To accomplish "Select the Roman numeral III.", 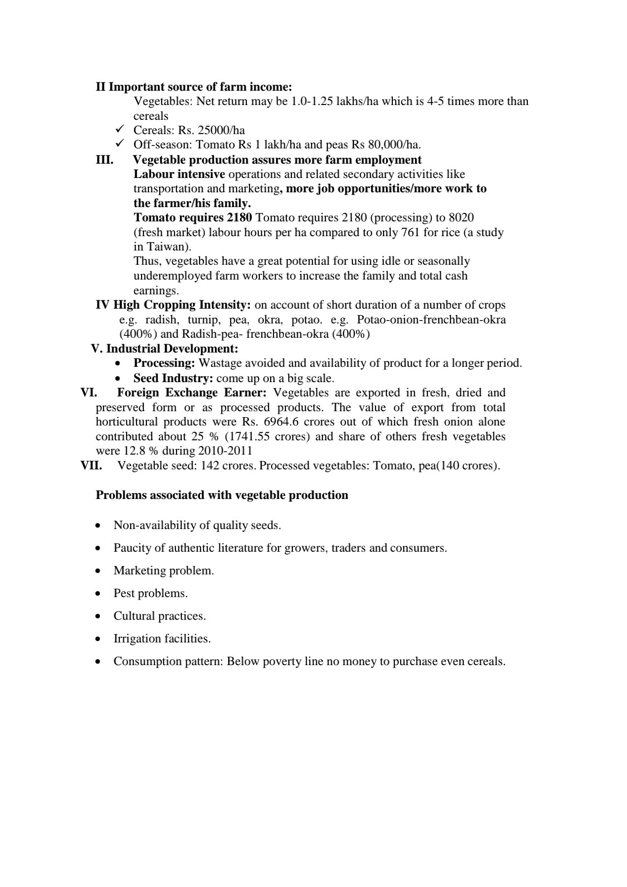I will [104, 160].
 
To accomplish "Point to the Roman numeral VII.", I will [91, 465].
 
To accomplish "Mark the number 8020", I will [461, 217].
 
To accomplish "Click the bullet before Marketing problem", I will [99, 571].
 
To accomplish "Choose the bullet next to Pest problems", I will [99, 594].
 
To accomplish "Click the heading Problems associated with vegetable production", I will [222, 495].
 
